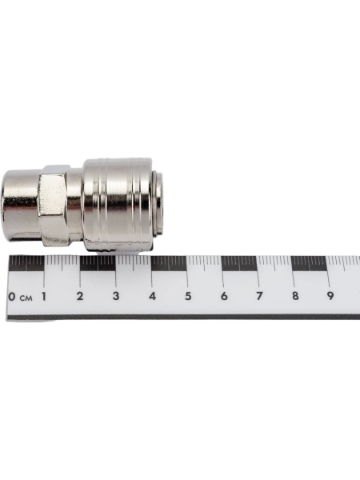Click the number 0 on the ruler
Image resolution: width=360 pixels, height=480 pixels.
12,296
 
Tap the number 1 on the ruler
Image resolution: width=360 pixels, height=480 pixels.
44,296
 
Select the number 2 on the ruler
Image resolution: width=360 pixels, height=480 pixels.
80,296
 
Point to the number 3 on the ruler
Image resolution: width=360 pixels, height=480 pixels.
116,296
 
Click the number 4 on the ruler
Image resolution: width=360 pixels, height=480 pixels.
152,296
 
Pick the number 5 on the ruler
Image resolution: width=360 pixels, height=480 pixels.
188,296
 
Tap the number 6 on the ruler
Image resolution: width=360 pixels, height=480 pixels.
224,296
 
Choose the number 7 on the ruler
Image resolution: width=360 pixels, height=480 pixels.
259,296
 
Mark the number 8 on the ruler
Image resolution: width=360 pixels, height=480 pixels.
295,296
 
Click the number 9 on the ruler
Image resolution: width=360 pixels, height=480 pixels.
330,296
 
